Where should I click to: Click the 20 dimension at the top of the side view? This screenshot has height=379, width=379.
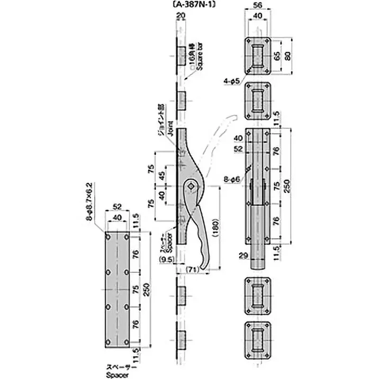coord(180,15)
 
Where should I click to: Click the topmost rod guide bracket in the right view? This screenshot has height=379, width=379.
coord(258,55)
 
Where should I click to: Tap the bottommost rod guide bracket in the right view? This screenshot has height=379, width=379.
coord(258,340)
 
